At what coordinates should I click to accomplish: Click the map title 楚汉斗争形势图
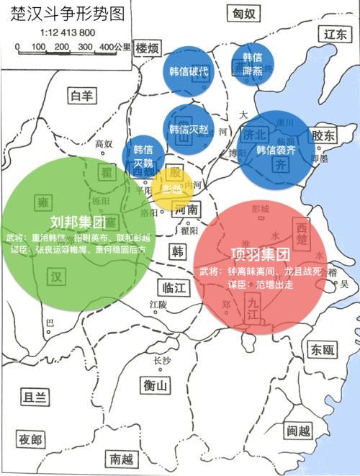tap(63, 15)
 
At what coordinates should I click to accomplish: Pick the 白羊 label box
tap(79, 96)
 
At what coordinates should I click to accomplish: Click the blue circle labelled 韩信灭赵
tap(189, 130)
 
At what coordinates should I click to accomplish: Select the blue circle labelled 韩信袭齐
tap(276, 150)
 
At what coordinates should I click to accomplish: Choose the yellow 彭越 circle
tap(172, 189)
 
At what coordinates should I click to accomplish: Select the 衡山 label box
tap(156, 386)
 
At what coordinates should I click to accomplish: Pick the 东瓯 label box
tap(319, 350)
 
